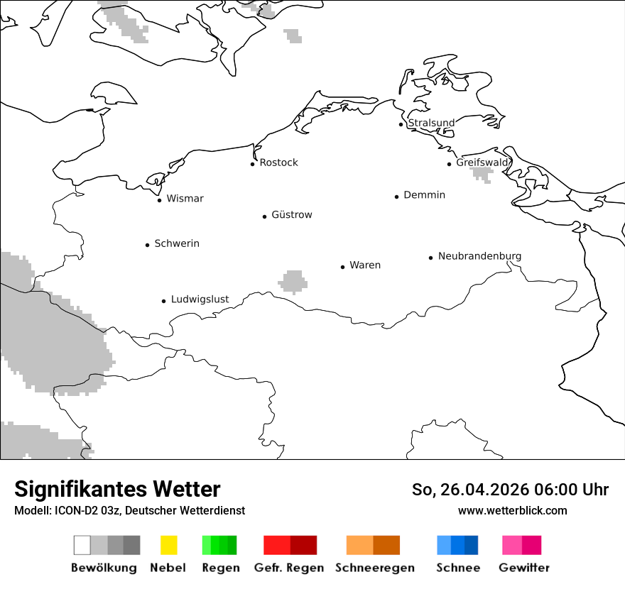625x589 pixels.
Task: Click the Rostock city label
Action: (278, 163)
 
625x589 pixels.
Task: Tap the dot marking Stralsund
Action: (401, 124)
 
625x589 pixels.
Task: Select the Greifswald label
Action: (483, 163)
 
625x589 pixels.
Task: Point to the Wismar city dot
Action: (159, 200)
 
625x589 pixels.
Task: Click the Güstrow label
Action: (291, 215)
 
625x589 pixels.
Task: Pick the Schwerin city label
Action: (177, 243)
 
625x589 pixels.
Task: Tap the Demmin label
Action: (424, 195)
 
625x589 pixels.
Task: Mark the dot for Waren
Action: (342, 267)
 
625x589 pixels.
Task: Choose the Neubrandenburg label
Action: (479, 256)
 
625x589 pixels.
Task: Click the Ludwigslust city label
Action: (200, 299)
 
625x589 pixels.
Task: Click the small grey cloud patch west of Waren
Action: (293, 282)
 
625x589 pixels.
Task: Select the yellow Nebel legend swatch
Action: (168, 545)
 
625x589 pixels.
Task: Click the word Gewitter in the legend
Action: (524, 568)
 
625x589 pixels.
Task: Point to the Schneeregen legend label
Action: (375, 568)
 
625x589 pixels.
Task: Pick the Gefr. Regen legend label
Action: (288, 568)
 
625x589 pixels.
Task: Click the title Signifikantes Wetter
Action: (117, 489)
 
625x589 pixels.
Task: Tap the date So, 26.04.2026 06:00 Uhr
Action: (510, 490)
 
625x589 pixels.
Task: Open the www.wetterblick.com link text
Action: (512, 510)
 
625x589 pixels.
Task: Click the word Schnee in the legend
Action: (457, 568)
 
